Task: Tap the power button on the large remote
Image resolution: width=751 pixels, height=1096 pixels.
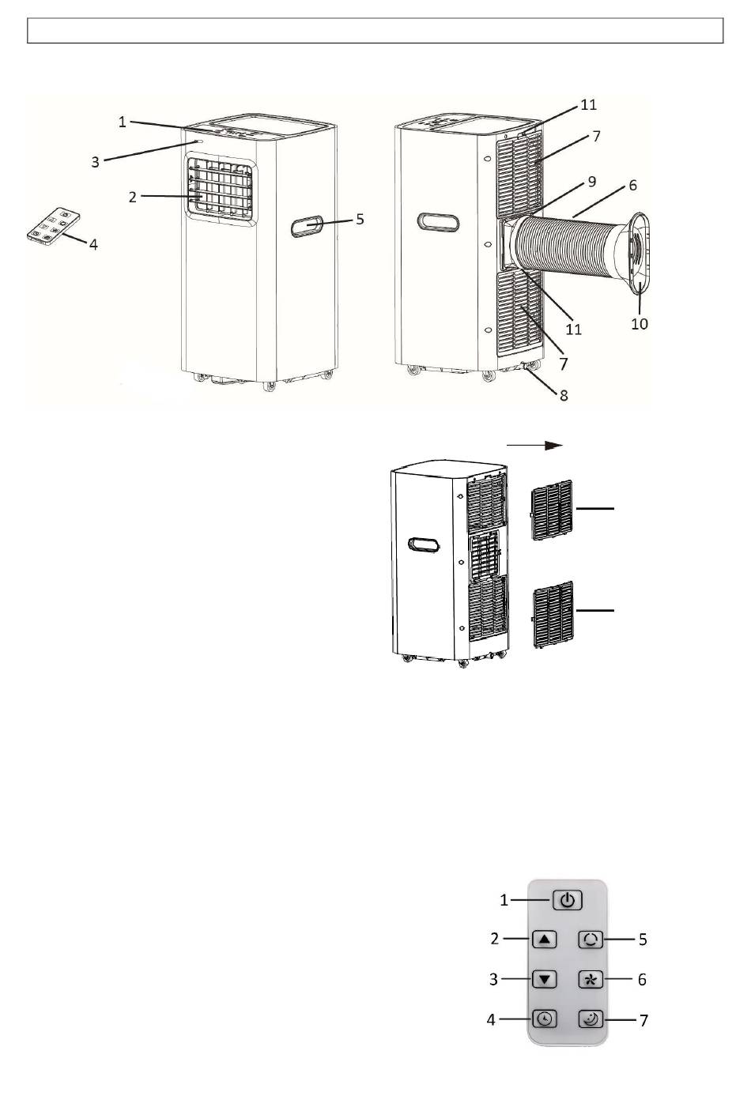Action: point(568,900)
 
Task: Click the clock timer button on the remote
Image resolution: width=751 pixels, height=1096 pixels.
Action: point(545,1019)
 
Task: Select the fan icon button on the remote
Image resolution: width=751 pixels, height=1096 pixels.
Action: point(591,979)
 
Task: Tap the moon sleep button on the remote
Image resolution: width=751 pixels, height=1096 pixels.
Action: point(591,1019)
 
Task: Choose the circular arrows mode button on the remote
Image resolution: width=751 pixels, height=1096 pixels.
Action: point(591,939)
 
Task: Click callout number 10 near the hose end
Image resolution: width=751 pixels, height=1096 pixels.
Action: point(640,324)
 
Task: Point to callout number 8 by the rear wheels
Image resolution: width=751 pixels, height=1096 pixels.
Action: point(564,395)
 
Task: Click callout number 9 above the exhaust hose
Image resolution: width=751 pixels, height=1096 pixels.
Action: point(592,182)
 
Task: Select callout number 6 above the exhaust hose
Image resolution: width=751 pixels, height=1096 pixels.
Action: point(632,186)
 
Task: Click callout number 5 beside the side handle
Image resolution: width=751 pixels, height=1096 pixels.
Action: point(360,219)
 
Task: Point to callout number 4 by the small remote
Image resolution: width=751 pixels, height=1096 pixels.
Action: point(93,243)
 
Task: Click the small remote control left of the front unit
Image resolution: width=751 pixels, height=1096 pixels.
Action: point(54,225)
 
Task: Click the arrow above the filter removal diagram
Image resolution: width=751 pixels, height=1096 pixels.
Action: point(534,445)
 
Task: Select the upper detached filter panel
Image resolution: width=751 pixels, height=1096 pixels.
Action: point(552,510)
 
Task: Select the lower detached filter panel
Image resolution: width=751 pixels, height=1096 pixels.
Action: point(553,615)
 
